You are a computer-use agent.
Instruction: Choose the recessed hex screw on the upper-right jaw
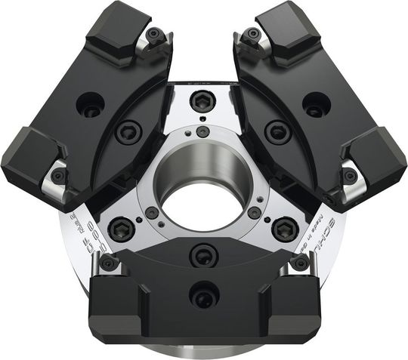pyautogui.click(x=278, y=133)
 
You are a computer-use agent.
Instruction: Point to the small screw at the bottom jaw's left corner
pyautogui.click(x=108, y=262)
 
